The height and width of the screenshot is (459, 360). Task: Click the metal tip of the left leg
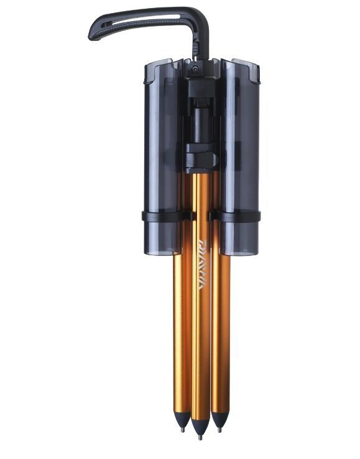coord(181,429)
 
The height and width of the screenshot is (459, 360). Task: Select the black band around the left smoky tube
coord(163,216)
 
